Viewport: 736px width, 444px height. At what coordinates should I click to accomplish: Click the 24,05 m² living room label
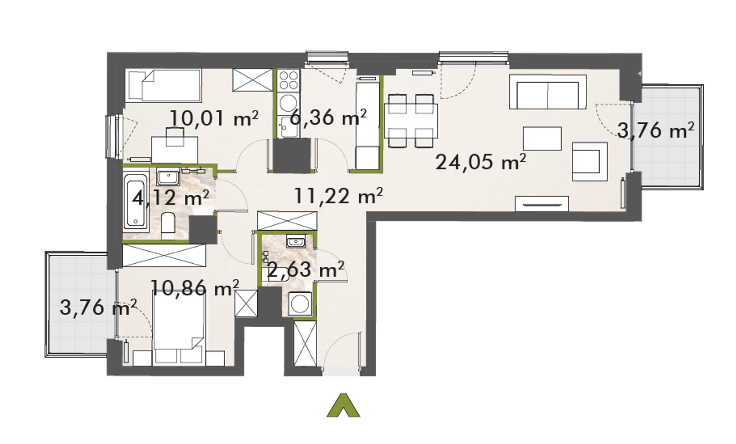481,162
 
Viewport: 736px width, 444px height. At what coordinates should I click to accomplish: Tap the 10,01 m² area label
214,118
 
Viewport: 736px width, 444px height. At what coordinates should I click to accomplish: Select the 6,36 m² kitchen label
328,117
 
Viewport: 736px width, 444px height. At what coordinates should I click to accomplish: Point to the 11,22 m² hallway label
339,195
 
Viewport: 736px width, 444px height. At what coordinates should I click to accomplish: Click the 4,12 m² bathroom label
170,198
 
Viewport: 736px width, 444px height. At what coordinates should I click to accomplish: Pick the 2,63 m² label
306,269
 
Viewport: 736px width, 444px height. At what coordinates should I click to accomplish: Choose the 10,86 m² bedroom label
194,288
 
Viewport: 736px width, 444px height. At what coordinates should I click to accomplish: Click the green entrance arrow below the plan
343,406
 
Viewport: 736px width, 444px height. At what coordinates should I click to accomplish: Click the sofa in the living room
548,92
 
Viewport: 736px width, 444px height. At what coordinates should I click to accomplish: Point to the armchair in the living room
590,161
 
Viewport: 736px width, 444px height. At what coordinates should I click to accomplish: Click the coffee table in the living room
542,138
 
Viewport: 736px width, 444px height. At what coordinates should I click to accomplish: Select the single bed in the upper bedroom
163,86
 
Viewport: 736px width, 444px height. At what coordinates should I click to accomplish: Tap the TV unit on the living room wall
542,204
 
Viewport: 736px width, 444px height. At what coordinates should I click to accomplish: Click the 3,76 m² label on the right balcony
655,130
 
